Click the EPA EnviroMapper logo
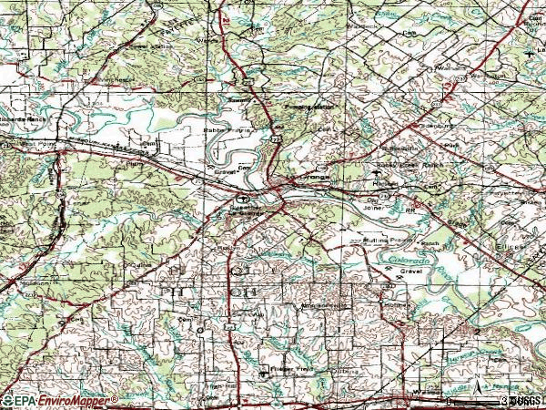(x=60, y=400)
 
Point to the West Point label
(x=42, y=143)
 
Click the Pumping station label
(x=309, y=107)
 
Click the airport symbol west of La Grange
(x=243, y=199)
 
